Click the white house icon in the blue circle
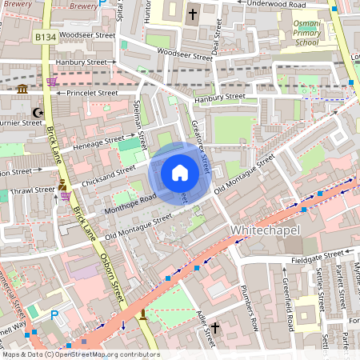(180, 173)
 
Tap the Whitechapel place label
(266, 230)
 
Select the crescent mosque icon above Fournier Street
(34, 113)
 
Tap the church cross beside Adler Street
(214, 328)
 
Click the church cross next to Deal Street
(192, 14)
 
